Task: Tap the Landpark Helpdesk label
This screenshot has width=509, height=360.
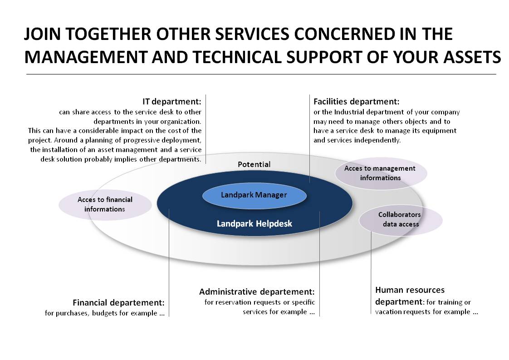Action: [x=254, y=223]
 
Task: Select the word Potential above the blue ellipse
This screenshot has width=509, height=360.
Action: [x=254, y=164]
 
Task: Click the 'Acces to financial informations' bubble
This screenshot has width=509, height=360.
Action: [x=105, y=205]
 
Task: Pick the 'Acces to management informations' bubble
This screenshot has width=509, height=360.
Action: [x=381, y=173]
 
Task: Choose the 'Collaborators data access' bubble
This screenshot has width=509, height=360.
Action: [x=401, y=220]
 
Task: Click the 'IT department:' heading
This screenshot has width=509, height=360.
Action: [x=172, y=102]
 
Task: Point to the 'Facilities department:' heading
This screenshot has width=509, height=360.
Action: [x=356, y=102]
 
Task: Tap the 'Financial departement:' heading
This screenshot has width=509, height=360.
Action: [x=118, y=303]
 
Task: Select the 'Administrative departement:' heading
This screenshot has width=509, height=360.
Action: [x=257, y=292]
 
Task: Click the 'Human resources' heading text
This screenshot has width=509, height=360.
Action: [x=410, y=290]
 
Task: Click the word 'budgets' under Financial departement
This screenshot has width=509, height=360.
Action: [x=105, y=313]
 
